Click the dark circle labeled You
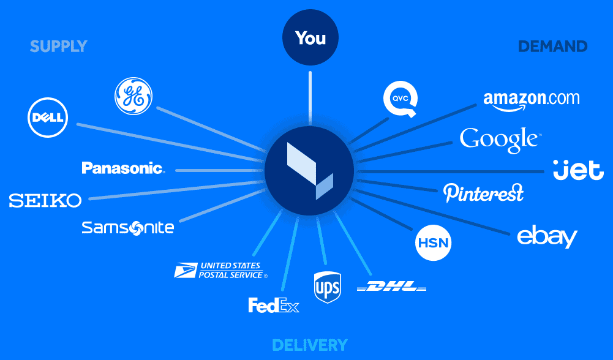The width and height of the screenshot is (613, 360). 310,37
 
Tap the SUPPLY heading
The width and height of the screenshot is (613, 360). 59,47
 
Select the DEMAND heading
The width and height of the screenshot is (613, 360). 553,47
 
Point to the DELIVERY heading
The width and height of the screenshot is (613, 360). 310,345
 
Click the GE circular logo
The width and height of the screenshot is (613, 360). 134,96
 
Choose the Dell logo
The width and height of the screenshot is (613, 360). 48,118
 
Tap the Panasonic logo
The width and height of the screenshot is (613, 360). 124,168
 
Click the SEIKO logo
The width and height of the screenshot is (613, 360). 45,201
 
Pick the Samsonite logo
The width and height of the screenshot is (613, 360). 128,228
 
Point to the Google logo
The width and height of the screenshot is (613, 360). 500,140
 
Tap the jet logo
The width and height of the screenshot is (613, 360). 579,170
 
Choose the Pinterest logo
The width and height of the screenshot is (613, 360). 483,193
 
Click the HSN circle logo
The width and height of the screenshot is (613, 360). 433,242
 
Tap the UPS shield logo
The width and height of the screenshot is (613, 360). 328,287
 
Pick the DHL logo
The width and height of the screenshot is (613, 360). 392,287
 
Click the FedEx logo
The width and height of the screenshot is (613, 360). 274,306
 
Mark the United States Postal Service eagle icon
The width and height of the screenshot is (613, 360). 186,270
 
